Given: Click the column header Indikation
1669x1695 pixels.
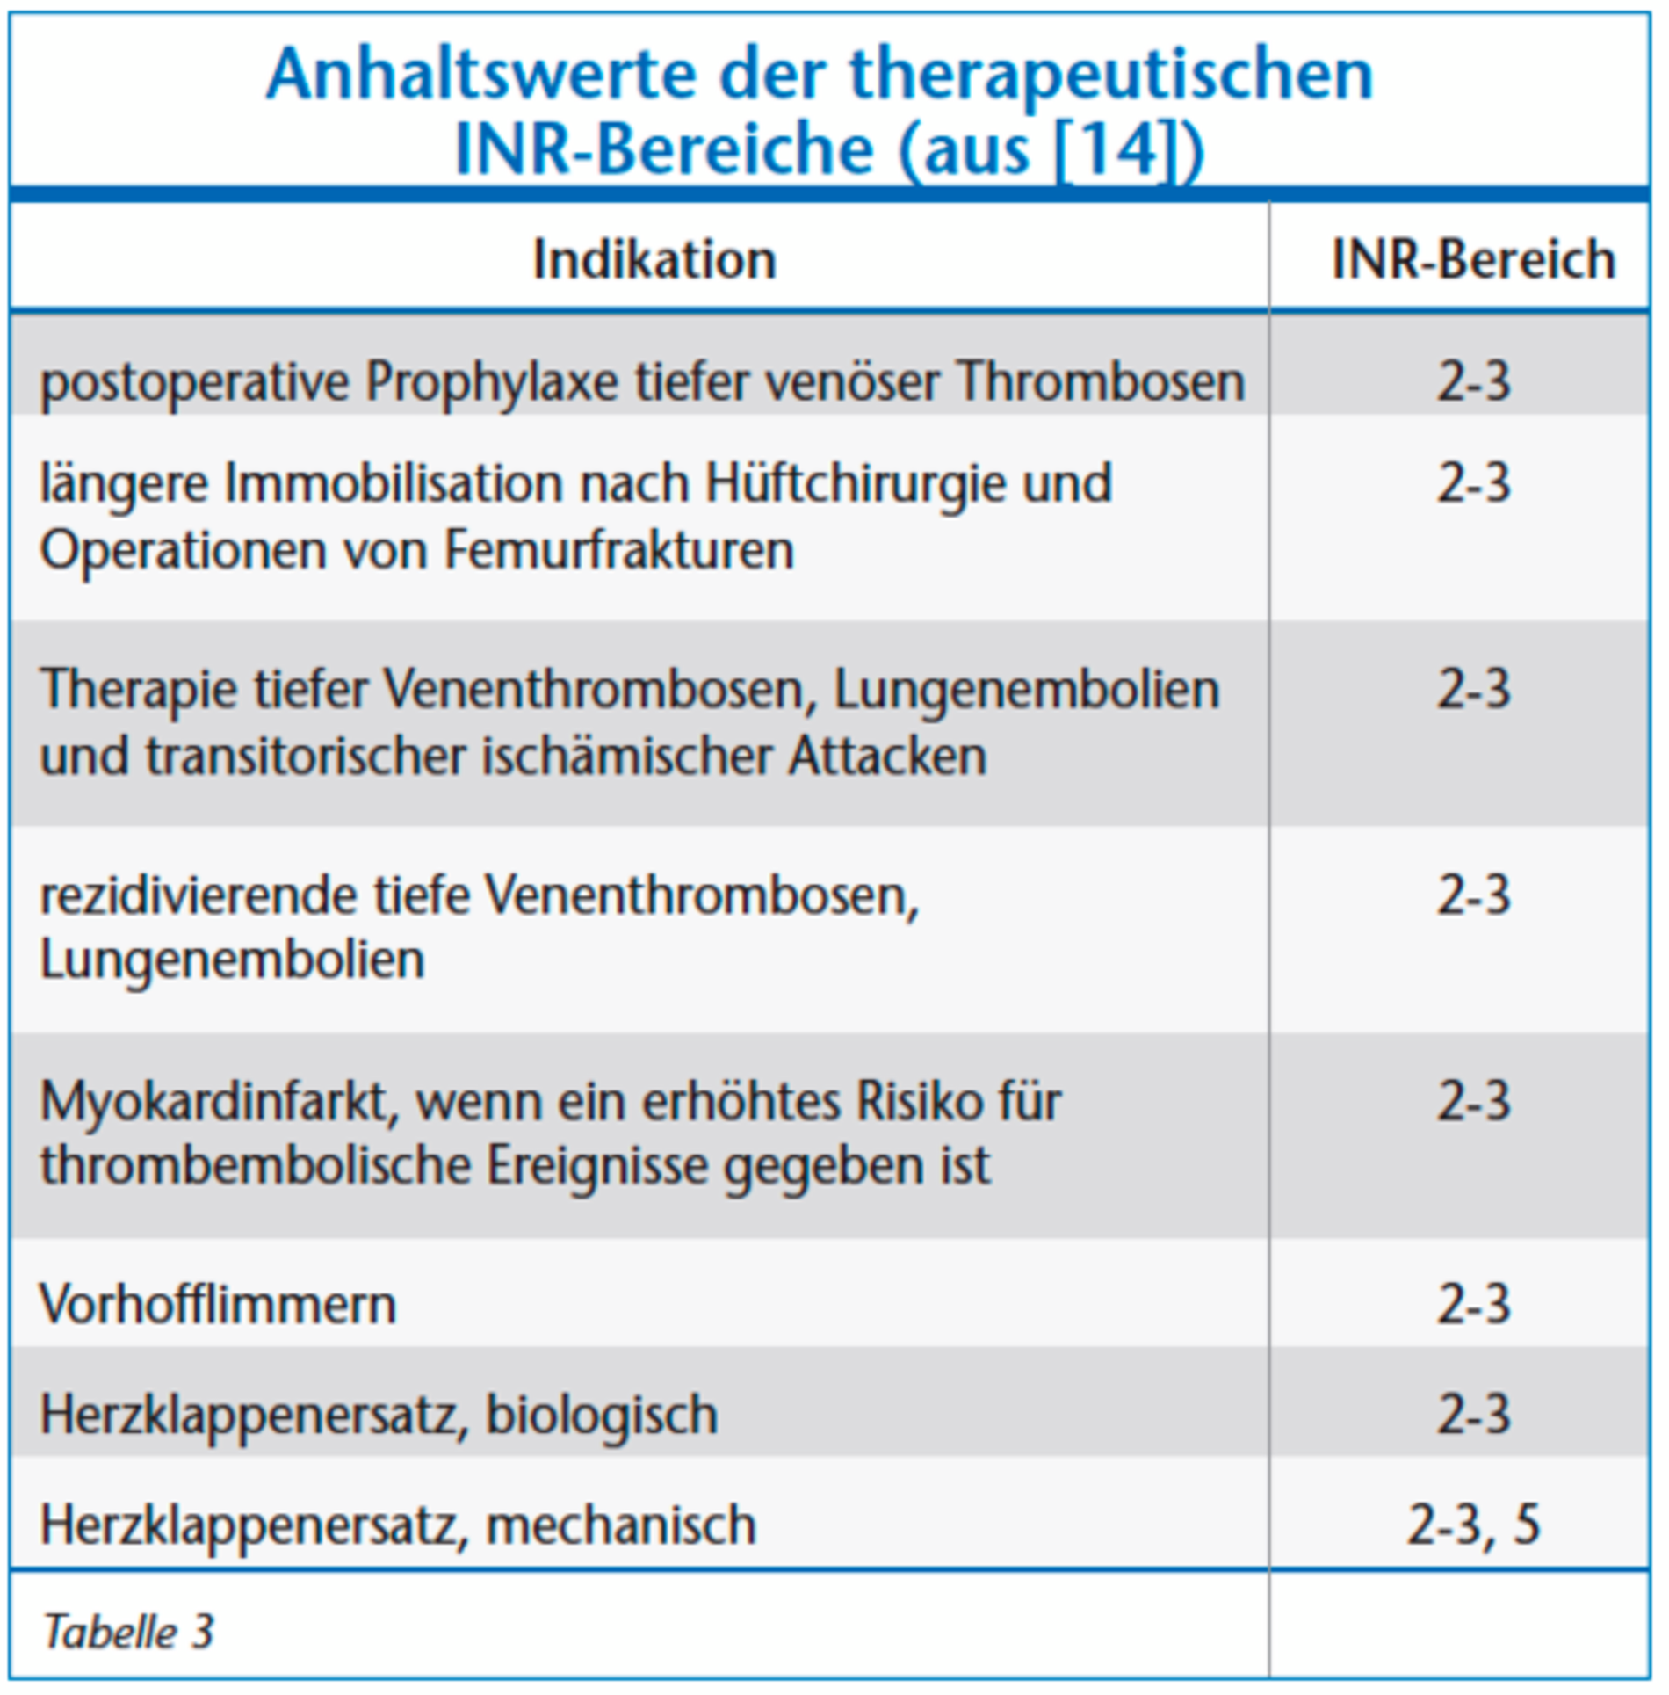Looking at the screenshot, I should pos(654,260).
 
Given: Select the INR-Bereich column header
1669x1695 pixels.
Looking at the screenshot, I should pos(1473,260).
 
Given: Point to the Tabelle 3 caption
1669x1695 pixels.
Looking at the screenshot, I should pos(128,1632).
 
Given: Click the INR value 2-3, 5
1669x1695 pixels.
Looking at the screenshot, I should pos(1473,1524).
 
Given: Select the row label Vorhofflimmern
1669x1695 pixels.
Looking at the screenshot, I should pos(218,1304).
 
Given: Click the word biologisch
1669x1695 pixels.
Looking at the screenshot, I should pos(602,1415).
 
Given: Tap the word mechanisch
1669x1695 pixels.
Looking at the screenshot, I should pos(620,1525).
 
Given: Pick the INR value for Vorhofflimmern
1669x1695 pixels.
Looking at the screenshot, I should pos(1473,1304).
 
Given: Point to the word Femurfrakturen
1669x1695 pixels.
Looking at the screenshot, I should pos(618,551).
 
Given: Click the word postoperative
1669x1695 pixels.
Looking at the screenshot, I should pos(194,383).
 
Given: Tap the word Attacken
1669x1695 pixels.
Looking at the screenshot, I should pos(887,757).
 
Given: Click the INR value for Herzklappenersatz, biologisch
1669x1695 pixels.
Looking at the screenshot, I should pos(1473,1415).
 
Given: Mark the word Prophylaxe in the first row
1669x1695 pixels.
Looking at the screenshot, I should pos(492,383).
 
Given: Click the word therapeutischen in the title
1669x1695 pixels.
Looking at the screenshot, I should pos(1111,76).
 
